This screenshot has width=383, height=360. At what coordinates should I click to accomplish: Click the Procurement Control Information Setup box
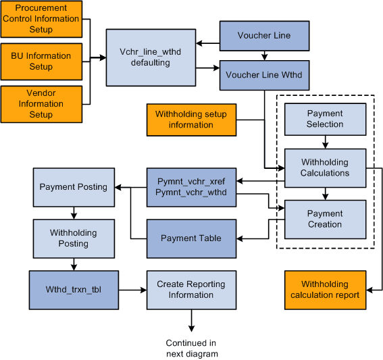(41, 19)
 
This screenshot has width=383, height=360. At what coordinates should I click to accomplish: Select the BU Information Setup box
(41, 61)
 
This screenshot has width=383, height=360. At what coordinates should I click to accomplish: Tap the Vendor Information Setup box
(41, 104)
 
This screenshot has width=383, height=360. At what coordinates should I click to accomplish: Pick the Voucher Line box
(264, 35)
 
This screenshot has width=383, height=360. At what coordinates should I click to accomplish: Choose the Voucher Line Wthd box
(264, 75)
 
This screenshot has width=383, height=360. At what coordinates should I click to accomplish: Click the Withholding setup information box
(190, 120)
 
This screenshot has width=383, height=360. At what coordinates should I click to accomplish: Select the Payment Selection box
(325, 119)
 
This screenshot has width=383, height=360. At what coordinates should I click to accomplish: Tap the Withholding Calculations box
(325, 168)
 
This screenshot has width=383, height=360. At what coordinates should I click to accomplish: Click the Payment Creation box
(325, 219)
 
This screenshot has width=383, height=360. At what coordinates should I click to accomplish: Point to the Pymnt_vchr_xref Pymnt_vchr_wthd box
(190, 187)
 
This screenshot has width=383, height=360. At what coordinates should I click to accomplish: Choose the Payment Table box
(190, 238)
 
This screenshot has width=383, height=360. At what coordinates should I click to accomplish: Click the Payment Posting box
(73, 187)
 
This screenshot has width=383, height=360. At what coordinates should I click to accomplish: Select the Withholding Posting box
(73, 238)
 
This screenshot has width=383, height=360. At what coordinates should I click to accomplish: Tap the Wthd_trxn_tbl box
(73, 289)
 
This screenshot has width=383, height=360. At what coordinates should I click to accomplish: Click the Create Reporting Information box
(190, 289)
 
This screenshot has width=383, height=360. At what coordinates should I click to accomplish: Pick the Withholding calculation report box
(325, 289)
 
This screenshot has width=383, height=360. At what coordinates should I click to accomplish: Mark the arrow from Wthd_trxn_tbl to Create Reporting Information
(132, 289)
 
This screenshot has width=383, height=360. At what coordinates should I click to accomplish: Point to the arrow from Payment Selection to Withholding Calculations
(325, 141)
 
